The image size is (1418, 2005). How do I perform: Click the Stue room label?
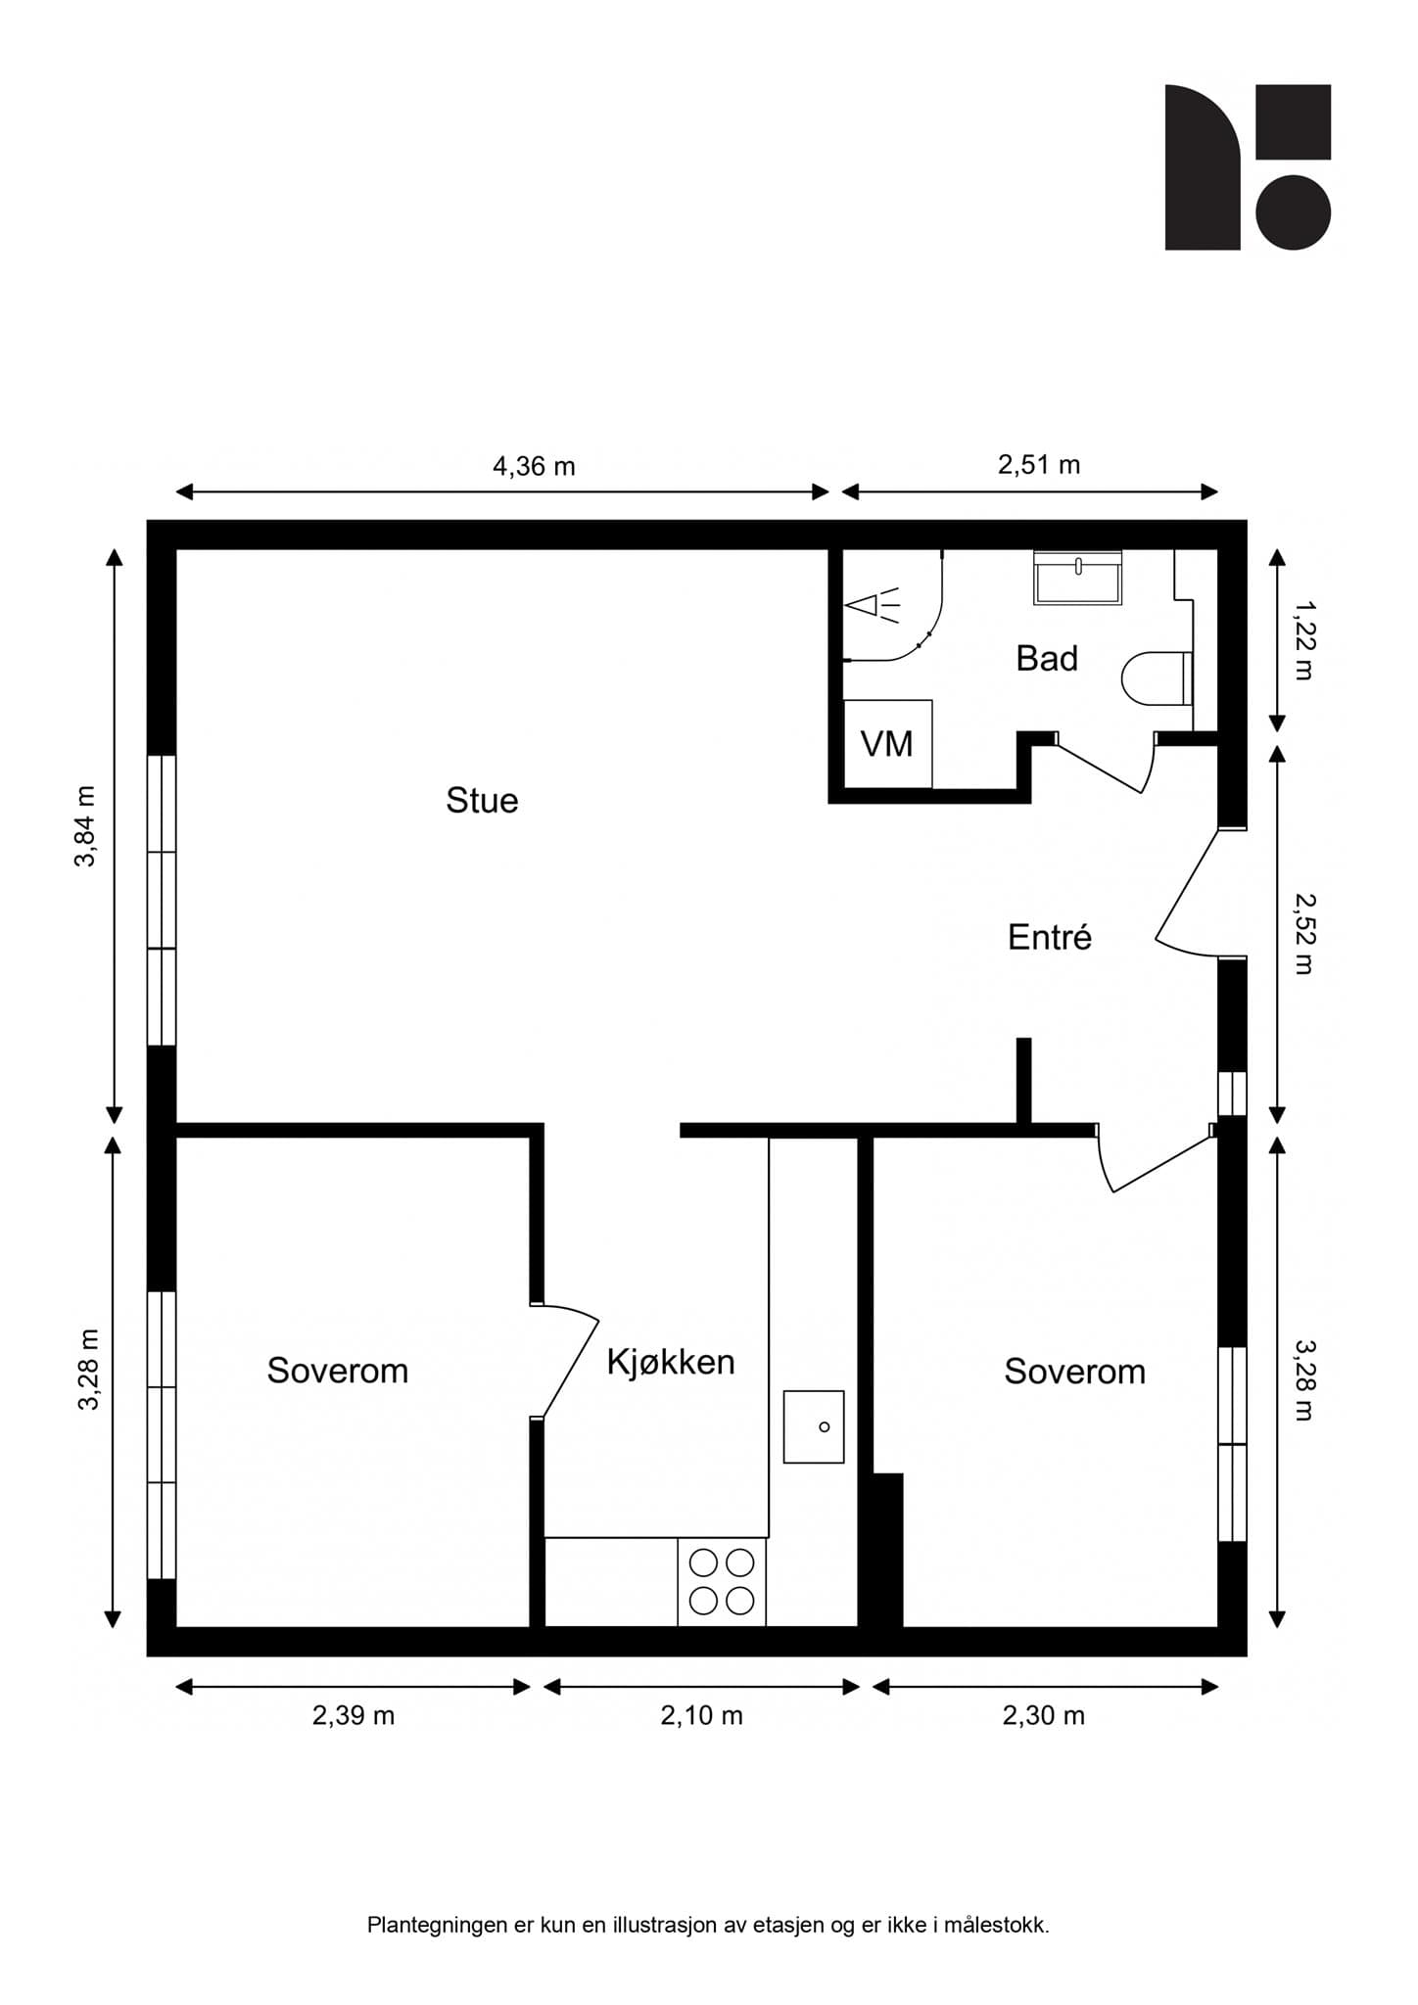[x=482, y=801]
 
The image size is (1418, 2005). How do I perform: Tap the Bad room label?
[x=1047, y=659]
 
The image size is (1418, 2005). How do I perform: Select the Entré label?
[x=1050, y=938]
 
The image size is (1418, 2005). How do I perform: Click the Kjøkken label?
[x=671, y=1362]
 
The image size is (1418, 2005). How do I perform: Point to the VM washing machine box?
[x=887, y=743]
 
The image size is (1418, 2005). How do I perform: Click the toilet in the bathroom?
[x=1157, y=678]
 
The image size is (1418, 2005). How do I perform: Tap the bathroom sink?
[x=1078, y=578]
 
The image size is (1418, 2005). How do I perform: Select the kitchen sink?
[x=814, y=1426]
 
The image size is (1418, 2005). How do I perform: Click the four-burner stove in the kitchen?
[x=722, y=1581]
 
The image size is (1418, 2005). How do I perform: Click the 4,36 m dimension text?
[x=534, y=466]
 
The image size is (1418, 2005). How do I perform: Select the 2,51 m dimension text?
[x=1039, y=464]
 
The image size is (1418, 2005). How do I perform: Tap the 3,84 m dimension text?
[x=86, y=826]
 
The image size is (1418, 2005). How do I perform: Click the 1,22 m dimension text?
[x=1303, y=640]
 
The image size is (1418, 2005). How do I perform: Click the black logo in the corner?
[x=1248, y=167]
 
